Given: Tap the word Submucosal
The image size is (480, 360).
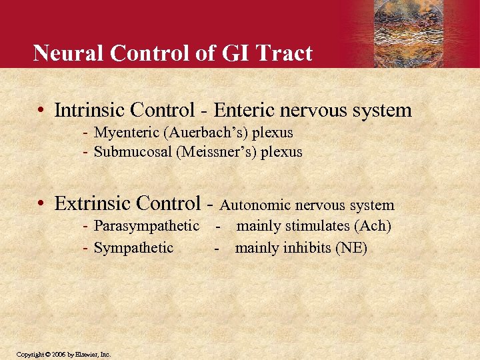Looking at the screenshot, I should [133, 152].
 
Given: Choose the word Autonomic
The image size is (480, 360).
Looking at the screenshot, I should [254, 205].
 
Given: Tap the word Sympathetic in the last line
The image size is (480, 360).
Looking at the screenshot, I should [133, 248].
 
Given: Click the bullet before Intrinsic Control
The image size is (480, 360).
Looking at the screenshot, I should [41, 110].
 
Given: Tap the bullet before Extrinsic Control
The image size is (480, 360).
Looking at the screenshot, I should [41, 203].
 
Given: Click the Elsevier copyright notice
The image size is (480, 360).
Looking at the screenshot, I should [64, 354].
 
